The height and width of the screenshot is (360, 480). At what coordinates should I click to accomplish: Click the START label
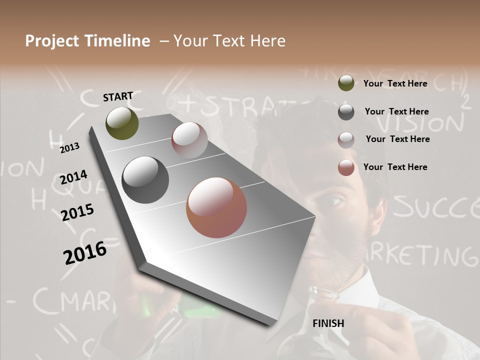[x=118, y=96]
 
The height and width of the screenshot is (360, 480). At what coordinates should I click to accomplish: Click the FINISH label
[x=328, y=323]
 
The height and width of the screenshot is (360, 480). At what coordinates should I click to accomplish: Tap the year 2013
[x=69, y=148]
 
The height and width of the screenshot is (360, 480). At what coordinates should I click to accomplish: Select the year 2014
[x=73, y=177]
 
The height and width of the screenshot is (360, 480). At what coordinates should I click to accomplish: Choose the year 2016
[x=85, y=252]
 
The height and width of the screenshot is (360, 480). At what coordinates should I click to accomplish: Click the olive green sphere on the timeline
[x=122, y=123]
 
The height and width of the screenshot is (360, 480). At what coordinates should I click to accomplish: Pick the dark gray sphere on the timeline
[x=145, y=180]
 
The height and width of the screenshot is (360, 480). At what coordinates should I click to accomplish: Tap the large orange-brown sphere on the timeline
[x=216, y=207]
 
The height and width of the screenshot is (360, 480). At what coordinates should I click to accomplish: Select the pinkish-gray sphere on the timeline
[x=189, y=140]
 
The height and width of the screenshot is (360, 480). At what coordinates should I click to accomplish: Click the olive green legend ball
[x=346, y=83]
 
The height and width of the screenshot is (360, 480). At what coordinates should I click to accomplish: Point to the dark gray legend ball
[x=346, y=112]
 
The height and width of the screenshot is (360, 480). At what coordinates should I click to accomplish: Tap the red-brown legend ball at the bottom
[x=346, y=167]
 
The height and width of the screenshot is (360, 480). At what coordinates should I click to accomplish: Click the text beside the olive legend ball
[x=395, y=83]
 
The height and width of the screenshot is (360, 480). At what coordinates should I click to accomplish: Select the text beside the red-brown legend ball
[x=395, y=167]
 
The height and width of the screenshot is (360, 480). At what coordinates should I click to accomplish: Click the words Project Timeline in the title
[x=87, y=41]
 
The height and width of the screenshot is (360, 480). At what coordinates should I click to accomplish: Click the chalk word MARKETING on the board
[x=425, y=255]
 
